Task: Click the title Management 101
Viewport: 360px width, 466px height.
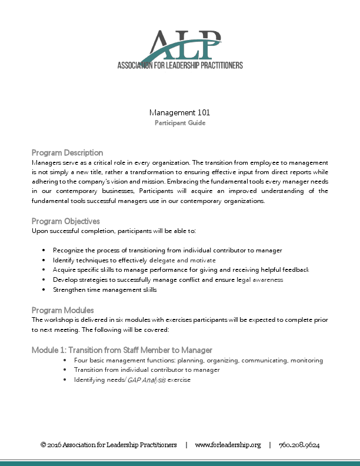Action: (179, 112)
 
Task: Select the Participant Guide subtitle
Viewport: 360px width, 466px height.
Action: (179, 123)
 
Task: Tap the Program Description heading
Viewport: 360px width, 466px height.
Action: (67, 152)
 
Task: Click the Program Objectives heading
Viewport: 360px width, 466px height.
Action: (65, 221)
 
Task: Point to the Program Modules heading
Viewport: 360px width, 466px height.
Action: (62, 310)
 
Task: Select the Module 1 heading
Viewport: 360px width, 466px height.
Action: (122, 350)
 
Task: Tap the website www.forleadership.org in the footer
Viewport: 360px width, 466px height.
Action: (228, 445)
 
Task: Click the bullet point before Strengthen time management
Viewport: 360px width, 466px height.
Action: (44, 290)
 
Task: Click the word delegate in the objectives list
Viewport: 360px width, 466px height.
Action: (165, 260)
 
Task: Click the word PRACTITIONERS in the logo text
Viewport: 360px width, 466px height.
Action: (215, 65)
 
